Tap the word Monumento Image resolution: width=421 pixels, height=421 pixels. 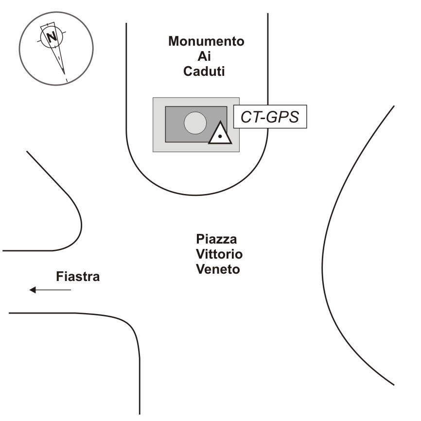tap(206, 41)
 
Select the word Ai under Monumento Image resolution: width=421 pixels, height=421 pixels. tap(206, 56)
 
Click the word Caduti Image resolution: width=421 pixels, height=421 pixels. tap(206, 71)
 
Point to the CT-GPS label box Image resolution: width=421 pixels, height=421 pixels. tap(270, 117)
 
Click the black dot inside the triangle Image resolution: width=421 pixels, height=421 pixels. tap(220, 137)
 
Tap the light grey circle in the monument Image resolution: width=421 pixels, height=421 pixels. tap(195, 123)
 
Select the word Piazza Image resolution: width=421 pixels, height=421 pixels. tap(217, 239)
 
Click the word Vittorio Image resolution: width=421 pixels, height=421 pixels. tap(219, 254)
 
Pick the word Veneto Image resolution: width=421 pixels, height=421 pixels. tap(218, 269)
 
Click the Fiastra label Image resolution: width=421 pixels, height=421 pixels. tap(78, 277)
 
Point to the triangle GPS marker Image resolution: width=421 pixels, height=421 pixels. tap(220, 134)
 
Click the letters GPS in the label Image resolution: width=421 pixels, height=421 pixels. tap(281, 117)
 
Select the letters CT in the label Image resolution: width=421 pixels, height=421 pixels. tap(249, 117)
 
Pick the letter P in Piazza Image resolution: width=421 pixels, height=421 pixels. tap(200, 239)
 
